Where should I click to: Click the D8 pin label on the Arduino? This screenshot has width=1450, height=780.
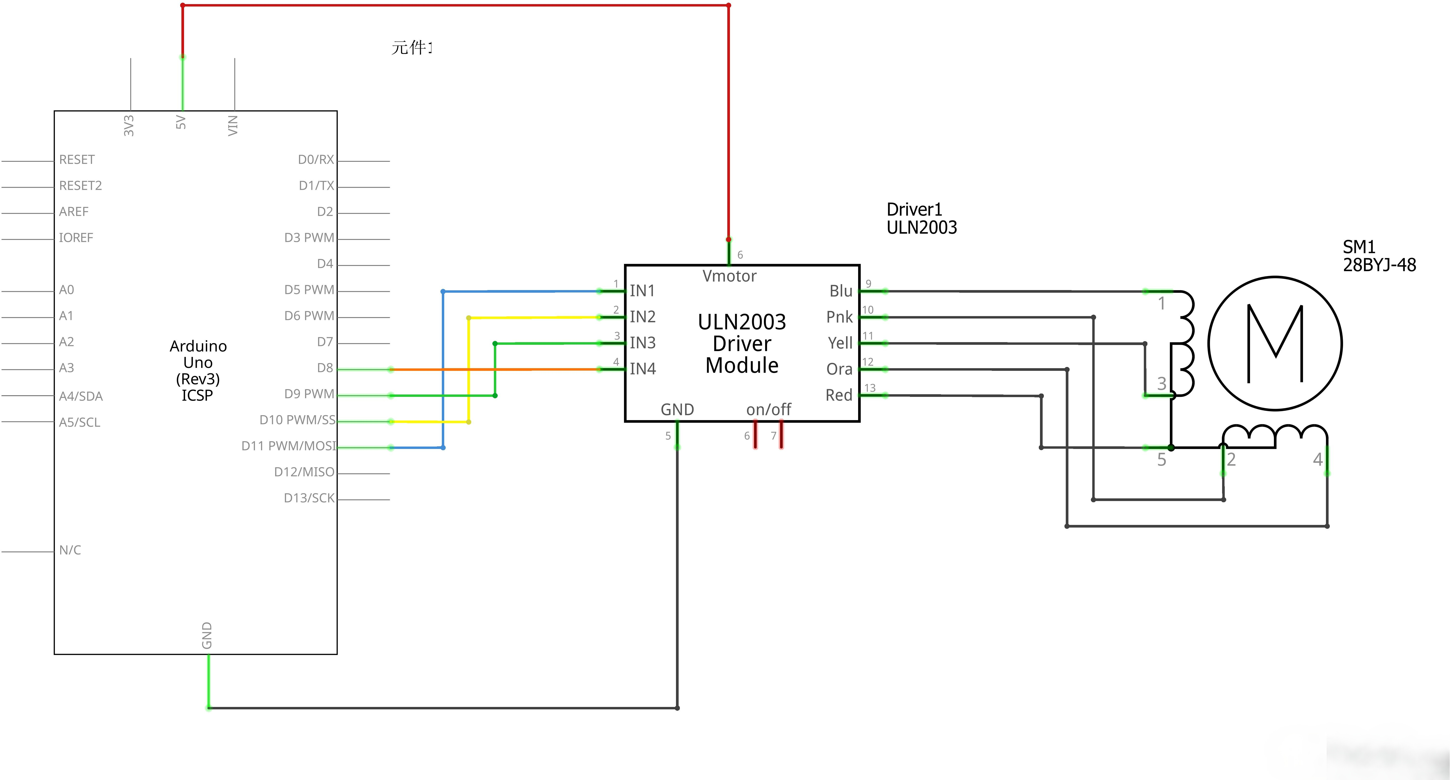[x=325, y=368]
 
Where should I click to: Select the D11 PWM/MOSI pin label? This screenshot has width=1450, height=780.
[x=288, y=446]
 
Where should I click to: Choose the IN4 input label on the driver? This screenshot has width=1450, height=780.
[x=642, y=369]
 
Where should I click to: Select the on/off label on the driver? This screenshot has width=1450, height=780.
[x=768, y=409]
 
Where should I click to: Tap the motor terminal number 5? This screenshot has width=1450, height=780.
[x=1161, y=460]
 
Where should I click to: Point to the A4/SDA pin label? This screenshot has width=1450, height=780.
[x=80, y=396]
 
